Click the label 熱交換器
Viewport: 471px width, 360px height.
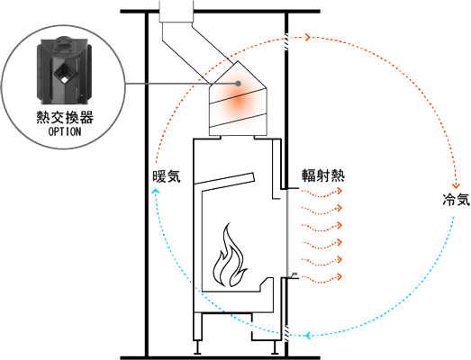tap(65, 117)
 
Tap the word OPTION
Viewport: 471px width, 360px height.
tap(65, 131)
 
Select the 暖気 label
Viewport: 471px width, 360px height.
tap(167, 176)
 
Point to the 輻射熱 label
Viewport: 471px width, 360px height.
tap(323, 175)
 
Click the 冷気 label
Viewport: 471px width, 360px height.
tap(457, 199)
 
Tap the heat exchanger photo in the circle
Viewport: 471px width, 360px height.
tap(64, 70)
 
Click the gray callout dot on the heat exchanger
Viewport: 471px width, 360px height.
tap(239, 83)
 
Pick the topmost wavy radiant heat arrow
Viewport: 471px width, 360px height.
tap(322, 193)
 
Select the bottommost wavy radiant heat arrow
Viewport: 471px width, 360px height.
tap(322, 278)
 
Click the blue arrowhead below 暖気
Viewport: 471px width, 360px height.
tap(155, 192)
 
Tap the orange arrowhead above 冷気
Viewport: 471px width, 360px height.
tap(457, 185)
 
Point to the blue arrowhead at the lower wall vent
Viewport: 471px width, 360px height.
tap(307, 335)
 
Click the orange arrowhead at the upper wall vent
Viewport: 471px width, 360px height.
tap(308, 37)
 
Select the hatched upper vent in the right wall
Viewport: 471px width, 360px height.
tap(286, 38)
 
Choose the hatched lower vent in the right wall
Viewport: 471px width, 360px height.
tap(286, 334)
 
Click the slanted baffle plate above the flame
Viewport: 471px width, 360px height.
tap(224, 178)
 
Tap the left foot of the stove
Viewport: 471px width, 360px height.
tap(197, 347)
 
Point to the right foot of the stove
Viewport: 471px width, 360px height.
tap(274, 347)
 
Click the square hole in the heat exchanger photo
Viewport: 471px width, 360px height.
tap(63, 73)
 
